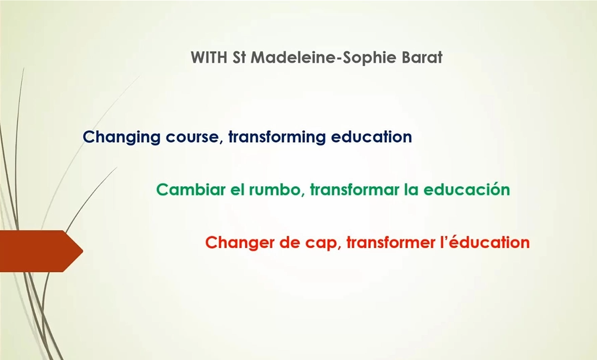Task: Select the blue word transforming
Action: [277, 137]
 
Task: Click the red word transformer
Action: [390, 242]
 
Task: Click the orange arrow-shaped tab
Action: [41, 251]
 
